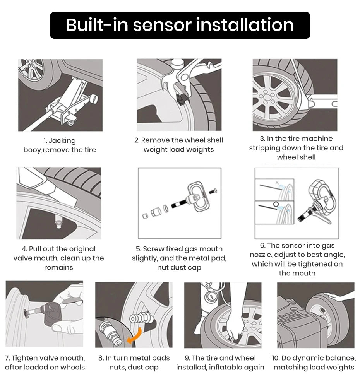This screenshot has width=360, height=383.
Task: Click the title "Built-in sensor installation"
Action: (x=180, y=25)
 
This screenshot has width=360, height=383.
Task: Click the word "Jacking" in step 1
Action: (x=62, y=141)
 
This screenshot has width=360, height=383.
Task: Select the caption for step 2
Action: (x=178, y=145)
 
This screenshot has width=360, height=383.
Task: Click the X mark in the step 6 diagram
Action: (x=276, y=182)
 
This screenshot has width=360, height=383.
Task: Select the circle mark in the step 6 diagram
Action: (x=276, y=204)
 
